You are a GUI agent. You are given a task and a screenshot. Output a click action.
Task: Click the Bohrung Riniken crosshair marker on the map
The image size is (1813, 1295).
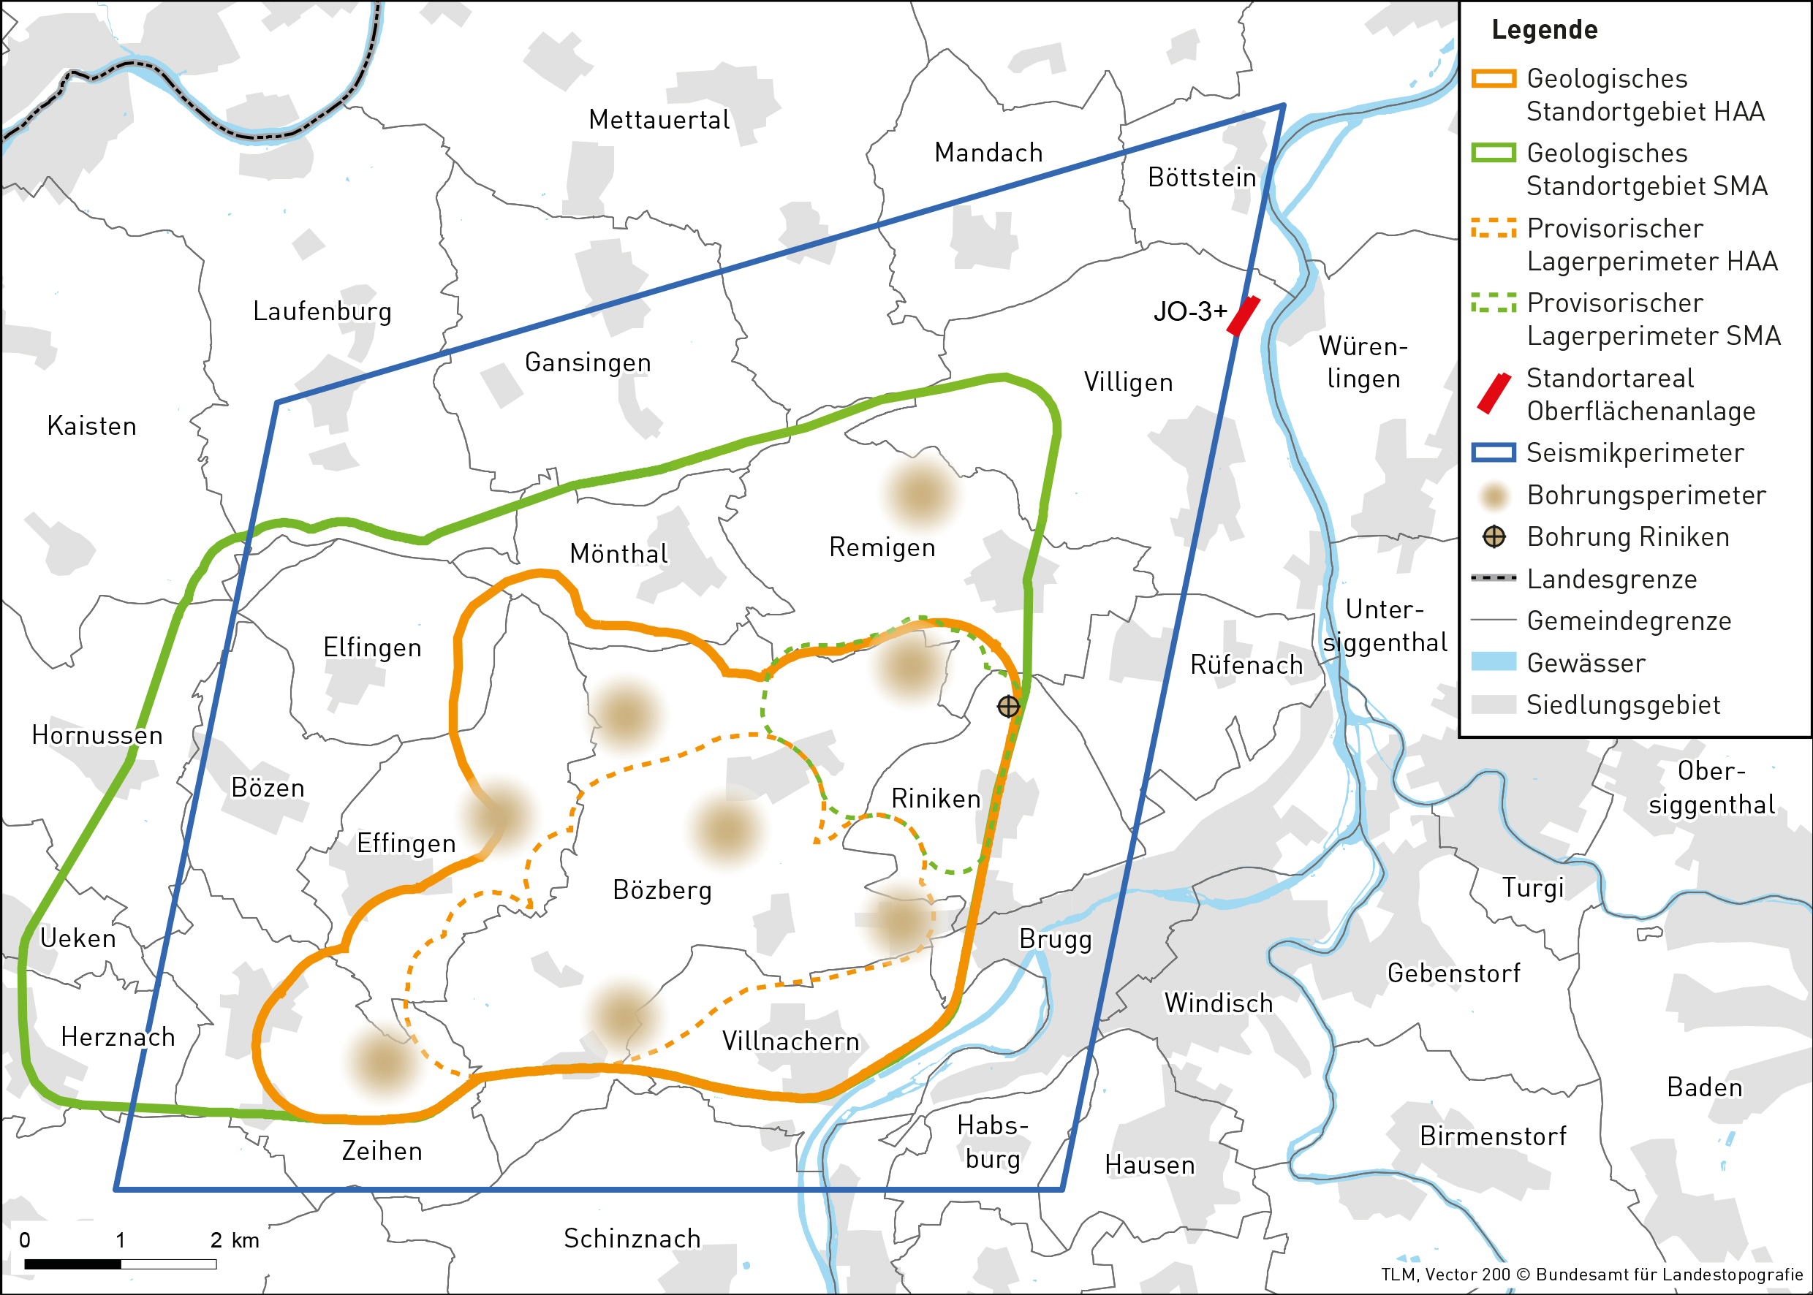[1008, 707]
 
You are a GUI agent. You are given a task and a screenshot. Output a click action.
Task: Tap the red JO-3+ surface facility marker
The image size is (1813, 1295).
[1243, 316]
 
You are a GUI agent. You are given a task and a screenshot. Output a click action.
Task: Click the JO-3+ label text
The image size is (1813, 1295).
[1189, 312]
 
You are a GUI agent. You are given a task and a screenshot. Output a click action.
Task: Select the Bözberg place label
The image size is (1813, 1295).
[662, 890]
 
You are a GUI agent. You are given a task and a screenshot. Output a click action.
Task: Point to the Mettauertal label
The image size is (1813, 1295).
[659, 121]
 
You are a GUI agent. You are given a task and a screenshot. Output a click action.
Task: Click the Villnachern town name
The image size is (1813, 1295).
[790, 1041]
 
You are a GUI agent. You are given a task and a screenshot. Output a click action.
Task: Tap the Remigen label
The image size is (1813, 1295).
[882, 548]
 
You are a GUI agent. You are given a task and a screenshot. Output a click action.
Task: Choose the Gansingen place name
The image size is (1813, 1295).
[588, 362]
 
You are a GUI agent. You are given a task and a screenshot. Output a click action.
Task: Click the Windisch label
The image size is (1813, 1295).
[1218, 1003]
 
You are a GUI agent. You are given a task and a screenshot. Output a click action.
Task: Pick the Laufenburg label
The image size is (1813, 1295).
[322, 312]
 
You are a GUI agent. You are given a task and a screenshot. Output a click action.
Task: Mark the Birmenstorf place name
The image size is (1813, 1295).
[1492, 1136]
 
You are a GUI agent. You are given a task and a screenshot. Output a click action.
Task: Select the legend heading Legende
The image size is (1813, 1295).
[1544, 30]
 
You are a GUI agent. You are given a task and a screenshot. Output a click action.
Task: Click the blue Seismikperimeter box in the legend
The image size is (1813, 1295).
[1493, 453]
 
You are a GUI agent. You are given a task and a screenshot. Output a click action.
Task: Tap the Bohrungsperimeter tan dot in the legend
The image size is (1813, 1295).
[1493, 495]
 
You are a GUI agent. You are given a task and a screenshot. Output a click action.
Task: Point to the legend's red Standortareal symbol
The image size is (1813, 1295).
[1493, 394]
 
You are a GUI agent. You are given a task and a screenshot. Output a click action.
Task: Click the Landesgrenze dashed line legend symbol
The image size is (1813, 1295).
[1493, 578]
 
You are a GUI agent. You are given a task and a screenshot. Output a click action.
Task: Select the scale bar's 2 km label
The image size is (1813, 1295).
[234, 1240]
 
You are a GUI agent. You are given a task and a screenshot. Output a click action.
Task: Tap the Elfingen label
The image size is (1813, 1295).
[371, 647]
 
